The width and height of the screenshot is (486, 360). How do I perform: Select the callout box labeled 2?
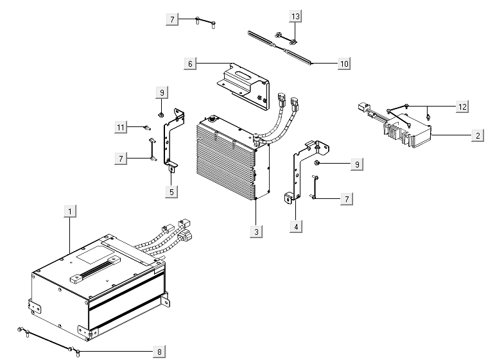pos(476,135)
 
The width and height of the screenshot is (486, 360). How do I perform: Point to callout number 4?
pos(296,227)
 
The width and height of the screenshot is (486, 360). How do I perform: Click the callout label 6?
pos(189,64)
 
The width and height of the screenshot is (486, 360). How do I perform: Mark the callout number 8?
pos(159,352)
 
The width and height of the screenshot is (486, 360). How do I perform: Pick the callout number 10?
pos(344,64)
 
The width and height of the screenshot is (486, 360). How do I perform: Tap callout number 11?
pos(121,127)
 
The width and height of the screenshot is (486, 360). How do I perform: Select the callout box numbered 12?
pos(462,107)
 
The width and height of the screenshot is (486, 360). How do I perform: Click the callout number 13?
pos(295,15)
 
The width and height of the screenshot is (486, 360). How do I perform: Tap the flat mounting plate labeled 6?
pos(244,80)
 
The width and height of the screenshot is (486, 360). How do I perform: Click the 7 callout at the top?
pos(171,19)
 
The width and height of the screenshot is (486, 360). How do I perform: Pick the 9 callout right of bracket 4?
pos(356,164)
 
